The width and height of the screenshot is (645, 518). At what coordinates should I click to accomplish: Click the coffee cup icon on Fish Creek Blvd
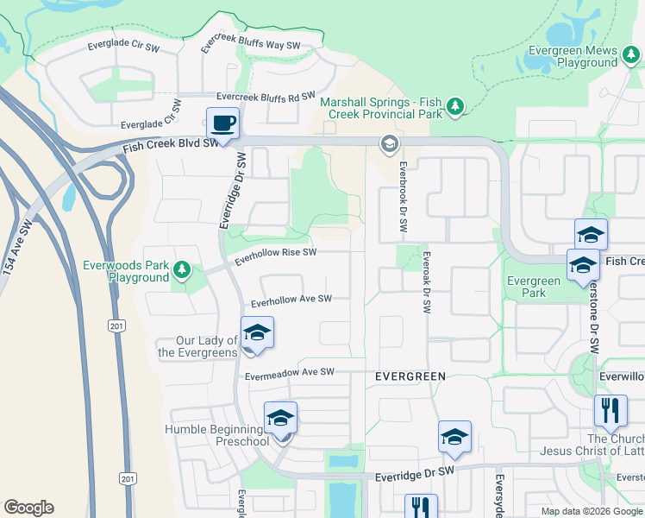click(223, 123)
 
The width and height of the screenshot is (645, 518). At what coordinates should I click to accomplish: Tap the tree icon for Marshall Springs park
click(454, 108)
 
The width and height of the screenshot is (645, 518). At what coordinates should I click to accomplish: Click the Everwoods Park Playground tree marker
click(182, 271)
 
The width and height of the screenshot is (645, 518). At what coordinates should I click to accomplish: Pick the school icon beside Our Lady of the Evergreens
click(257, 333)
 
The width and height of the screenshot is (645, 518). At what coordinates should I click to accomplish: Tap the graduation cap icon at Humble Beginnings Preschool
click(280, 419)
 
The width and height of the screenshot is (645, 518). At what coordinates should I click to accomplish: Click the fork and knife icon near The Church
click(611, 411)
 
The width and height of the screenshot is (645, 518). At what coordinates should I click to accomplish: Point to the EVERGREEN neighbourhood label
click(410, 376)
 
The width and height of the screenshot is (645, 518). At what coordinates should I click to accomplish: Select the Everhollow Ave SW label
click(291, 300)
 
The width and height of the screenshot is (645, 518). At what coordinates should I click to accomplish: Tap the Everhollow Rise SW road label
click(276, 253)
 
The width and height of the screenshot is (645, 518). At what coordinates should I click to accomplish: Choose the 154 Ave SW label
click(19, 248)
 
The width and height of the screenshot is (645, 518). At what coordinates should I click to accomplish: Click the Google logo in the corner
click(28, 508)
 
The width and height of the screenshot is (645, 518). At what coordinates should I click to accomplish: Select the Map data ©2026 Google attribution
click(592, 511)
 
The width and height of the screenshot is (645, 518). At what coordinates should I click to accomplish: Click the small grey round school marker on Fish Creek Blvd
click(389, 142)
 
